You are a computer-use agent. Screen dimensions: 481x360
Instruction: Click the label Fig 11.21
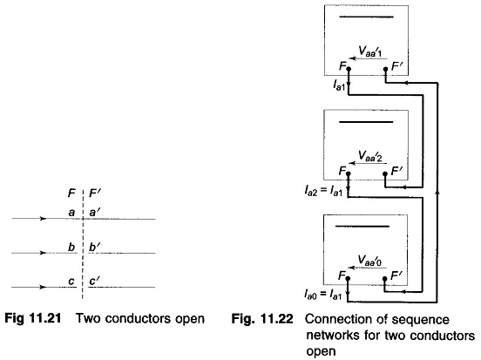tap(33, 318)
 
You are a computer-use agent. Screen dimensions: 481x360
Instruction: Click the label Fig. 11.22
tap(262, 319)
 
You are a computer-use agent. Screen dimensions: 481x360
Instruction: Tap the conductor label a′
tap(94, 212)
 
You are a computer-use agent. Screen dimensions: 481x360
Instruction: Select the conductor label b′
tap(95, 247)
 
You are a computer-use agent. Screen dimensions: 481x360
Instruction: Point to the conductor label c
tap(71, 282)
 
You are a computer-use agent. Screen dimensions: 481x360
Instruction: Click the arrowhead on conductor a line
tap(43, 219)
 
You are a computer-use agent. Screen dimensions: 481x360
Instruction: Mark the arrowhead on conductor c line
tap(43, 288)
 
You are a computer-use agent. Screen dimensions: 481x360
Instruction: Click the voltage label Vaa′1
tap(370, 51)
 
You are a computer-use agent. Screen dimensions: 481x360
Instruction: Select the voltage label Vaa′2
tap(370, 156)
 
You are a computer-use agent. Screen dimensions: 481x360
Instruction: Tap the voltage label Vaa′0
tap(370, 261)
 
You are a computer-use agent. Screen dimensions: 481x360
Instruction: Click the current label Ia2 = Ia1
tap(323, 191)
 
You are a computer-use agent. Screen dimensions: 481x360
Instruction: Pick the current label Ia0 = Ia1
tap(323, 295)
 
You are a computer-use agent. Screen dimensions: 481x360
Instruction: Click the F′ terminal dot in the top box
tap(386, 69)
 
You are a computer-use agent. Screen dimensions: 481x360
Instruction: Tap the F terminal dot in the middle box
tap(349, 173)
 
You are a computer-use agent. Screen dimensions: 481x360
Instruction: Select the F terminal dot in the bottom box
tap(348, 278)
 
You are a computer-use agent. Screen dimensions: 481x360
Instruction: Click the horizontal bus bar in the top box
tap(366, 17)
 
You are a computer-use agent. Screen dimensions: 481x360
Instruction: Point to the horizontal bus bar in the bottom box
tap(362, 227)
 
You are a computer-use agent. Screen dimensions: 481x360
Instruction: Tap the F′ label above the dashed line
tap(95, 194)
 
